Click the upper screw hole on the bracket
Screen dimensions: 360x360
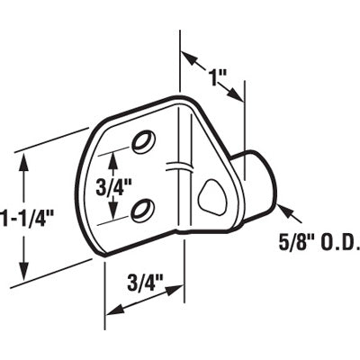pos(141,140)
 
